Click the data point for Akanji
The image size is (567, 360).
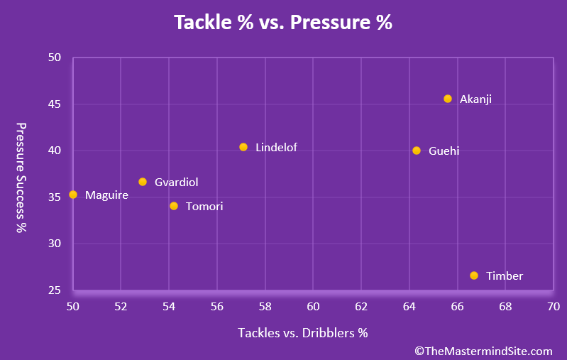click(x=448, y=99)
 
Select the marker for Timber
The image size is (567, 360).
click(x=474, y=276)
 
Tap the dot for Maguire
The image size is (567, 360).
click(x=73, y=195)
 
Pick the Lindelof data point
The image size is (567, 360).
click(x=243, y=147)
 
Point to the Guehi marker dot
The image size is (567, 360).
click(x=417, y=151)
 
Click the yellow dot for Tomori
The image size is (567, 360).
click(x=174, y=206)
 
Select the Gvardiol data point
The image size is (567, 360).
click(x=143, y=182)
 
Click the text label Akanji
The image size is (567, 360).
click(x=475, y=99)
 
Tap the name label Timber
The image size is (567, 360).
click(x=505, y=276)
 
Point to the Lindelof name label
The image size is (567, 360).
click(x=276, y=148)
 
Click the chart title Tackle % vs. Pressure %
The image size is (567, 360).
click(x=283, y=23)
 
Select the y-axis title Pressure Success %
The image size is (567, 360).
click(x=21, y=178)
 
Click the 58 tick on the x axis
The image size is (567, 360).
click(x=265, y=307)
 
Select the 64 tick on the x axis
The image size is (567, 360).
click(x=409, y=307)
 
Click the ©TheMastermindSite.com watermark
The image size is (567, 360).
click(x=483, y=351)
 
